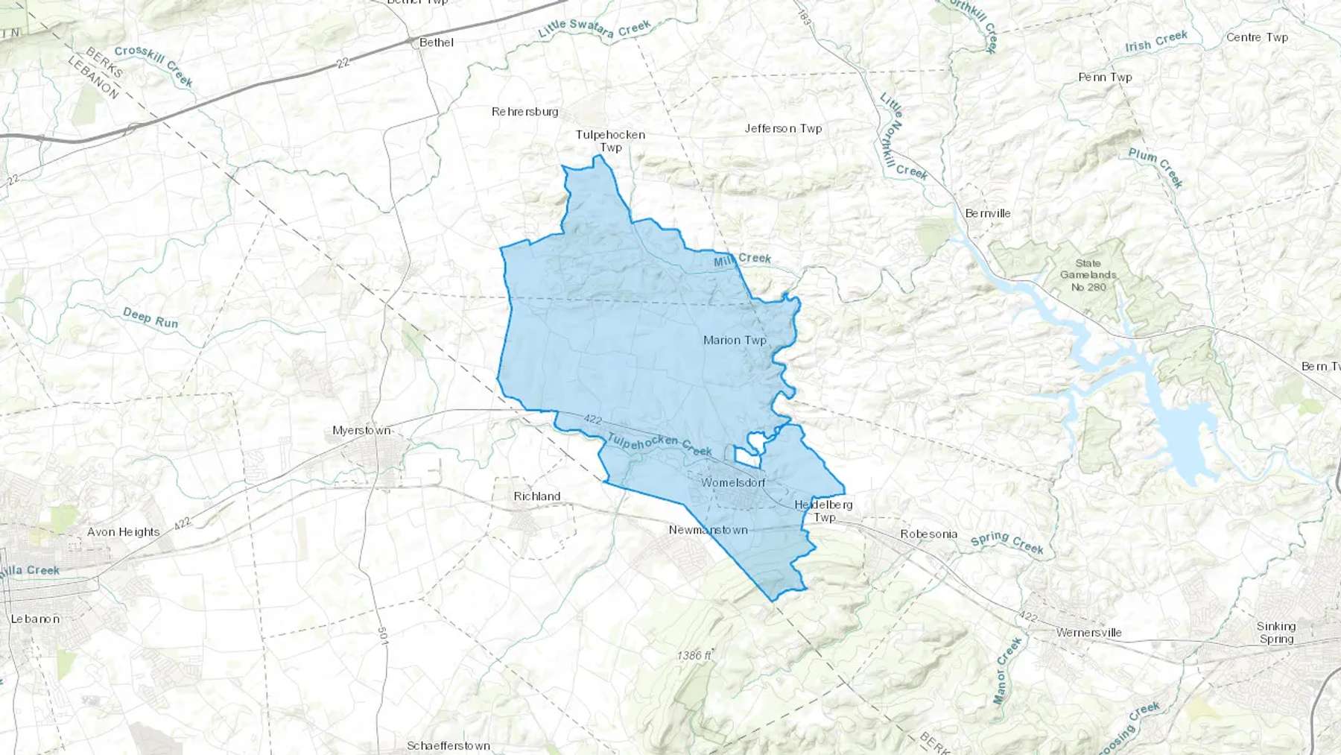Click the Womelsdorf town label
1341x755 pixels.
pos(733,482)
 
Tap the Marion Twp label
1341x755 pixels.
pos(735,340)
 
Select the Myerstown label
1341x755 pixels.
pos(361,430)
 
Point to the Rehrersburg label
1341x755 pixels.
pos(524,112)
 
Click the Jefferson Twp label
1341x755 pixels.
pos(783,128)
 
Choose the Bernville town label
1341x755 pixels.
pos(988,213)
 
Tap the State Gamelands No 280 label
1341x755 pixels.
pos(1088,275)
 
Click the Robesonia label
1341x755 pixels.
pos(928,534)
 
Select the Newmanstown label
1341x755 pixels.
pos(708,530)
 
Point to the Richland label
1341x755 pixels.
pos(536,496)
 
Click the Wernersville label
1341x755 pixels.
pos(1088,633)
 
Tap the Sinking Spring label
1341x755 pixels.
pos(1276,633)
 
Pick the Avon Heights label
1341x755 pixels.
pos(123,532)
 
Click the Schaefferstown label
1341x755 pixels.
pos(448,745)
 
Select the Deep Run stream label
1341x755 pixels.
pos(150,318)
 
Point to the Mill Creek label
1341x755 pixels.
pos(742,259)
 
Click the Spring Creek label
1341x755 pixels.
pos(1006,543)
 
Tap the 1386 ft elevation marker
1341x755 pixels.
pos(694,655)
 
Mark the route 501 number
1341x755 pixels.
pos(383,636)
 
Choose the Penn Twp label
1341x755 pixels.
pos(1105,77)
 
